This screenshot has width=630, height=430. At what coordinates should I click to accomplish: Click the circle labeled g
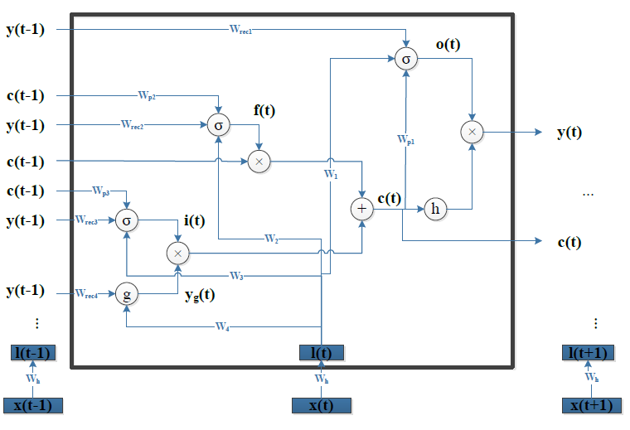pos(125,294)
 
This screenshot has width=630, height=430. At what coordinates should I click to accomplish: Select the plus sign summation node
pos(361,210)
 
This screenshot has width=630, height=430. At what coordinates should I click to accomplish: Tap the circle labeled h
pos(435,210)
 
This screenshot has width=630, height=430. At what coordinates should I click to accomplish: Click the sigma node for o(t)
pos(405,60)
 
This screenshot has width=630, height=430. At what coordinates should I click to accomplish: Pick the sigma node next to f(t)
pos(218,126)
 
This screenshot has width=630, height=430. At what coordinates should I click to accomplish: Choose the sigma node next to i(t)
pos(126,220)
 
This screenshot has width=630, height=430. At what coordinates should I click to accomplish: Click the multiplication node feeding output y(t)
pos(472,132)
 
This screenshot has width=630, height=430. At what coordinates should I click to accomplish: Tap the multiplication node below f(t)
pos(259,162)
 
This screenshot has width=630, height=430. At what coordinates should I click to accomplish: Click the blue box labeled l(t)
pos(321,353)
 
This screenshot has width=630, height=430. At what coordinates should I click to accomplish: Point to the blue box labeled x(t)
pos(322,405)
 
